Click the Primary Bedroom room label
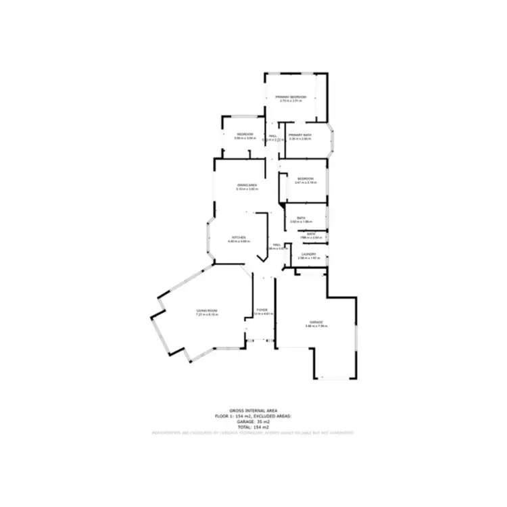(291, 97)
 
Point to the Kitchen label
(239, 237)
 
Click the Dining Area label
(246, 185)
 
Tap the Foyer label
(261, 310)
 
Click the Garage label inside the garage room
(316, 322)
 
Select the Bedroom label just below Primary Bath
(306, 178)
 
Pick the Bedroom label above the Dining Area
(244, 135)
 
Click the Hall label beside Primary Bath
(273, 136)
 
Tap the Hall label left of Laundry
(276, 245)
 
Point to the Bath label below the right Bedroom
(301, 218)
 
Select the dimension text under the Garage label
(316, 327)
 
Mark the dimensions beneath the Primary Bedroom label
(291, 101)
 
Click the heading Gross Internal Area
(254, 411)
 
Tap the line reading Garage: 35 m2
(254, 421)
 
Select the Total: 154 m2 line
(254, 427)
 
